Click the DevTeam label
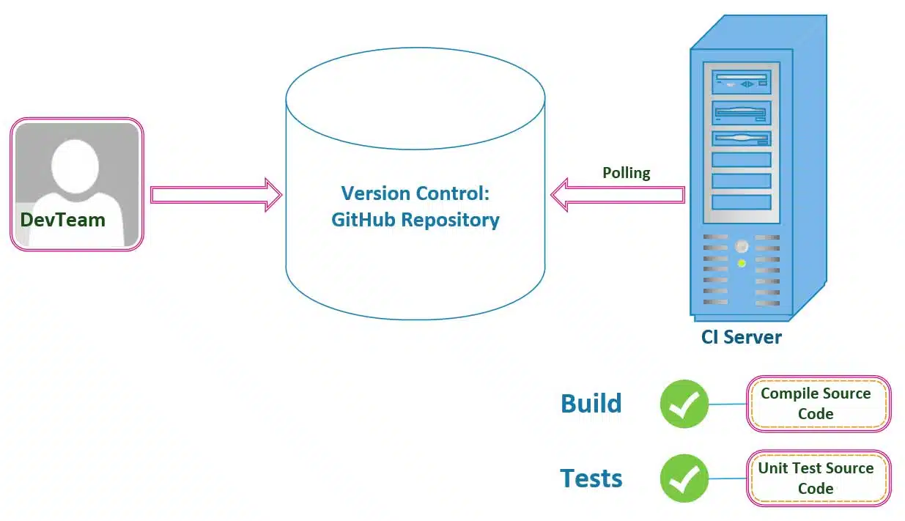[63, 219]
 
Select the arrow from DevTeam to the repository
[216, 194]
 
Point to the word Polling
[626, 173]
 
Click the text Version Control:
[415, 193]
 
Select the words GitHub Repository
[415, 219]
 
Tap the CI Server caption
[741, 337]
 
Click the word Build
[591, 404]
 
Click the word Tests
[591, 478]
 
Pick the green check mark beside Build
[684, 404]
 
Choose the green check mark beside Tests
[684, 478]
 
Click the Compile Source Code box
[818, 404]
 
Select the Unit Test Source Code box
[818, 478]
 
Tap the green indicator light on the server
[742, 263]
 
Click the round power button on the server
[742, 246]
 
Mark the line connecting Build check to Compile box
[728, 404]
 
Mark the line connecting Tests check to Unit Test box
[728, 478]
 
